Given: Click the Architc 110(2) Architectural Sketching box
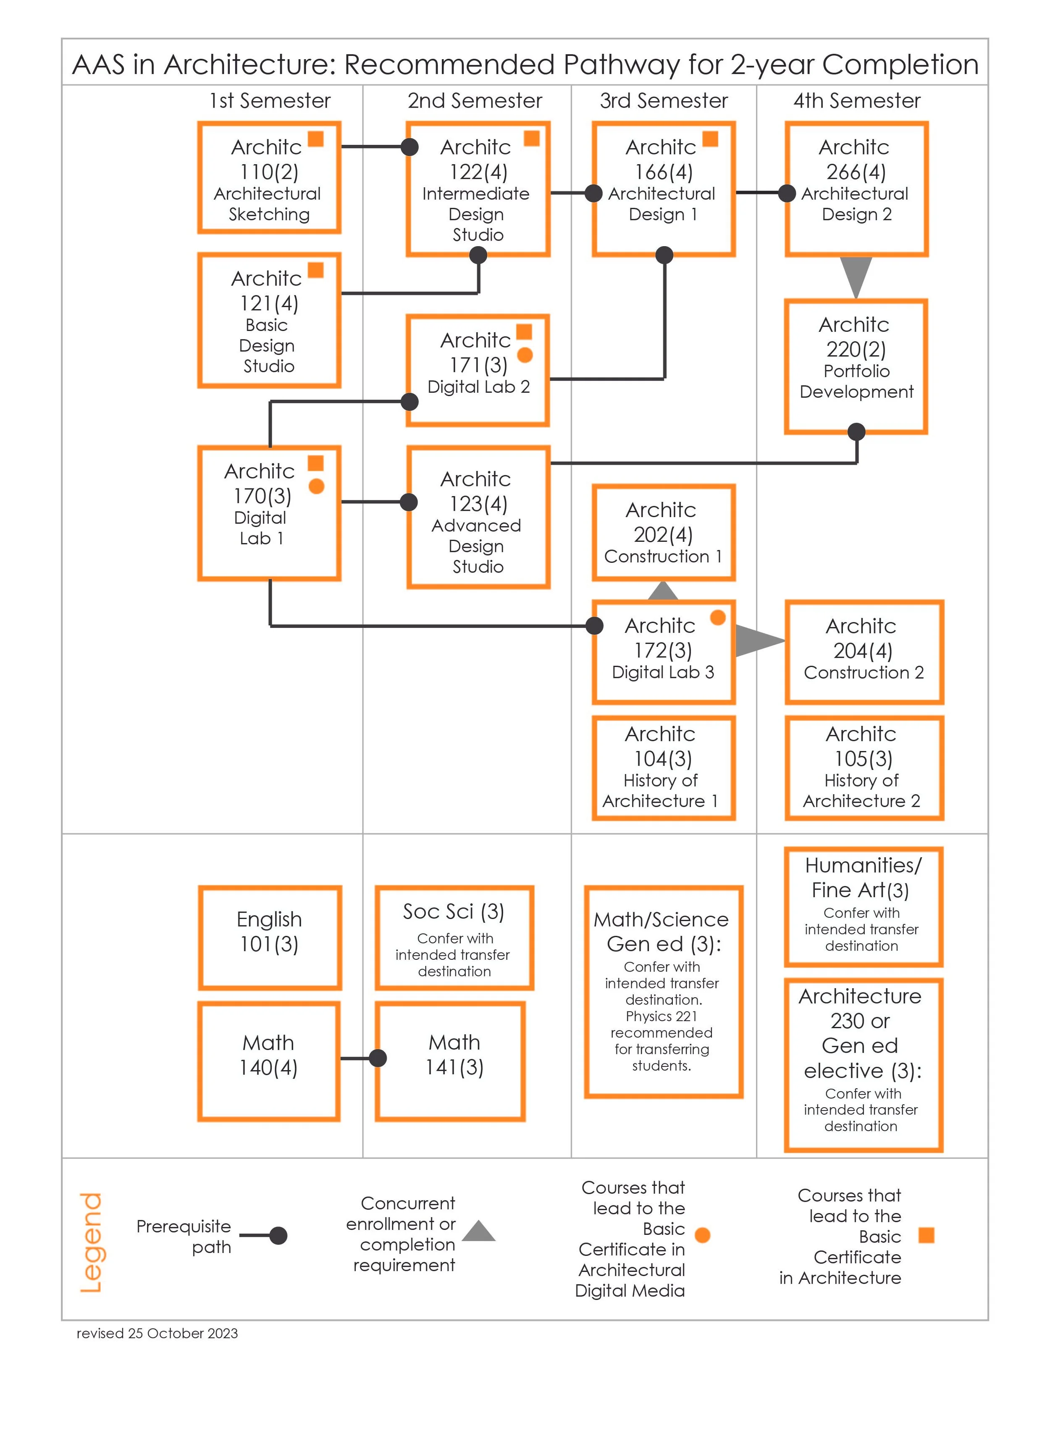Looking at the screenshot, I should (x=269, y=179).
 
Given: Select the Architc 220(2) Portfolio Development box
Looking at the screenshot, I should (x=856, y=367).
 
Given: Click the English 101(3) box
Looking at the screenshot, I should (x=270, y=937).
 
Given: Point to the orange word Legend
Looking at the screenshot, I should (x=91, y=1242).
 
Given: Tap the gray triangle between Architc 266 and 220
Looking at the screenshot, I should (x=856, y=275).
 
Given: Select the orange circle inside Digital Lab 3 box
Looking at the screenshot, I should (x=718, y=617).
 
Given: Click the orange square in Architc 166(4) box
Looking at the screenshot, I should (x=710, y=139).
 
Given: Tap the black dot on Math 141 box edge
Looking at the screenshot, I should (x=378, y=1058).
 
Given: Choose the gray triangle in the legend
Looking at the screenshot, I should (x=479, y=1232).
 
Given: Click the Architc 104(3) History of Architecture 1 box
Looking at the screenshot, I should (x=663, y=768).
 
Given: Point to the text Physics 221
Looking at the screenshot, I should (x=661, y=1016).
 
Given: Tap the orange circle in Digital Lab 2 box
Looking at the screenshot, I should (x=525, y=355).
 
